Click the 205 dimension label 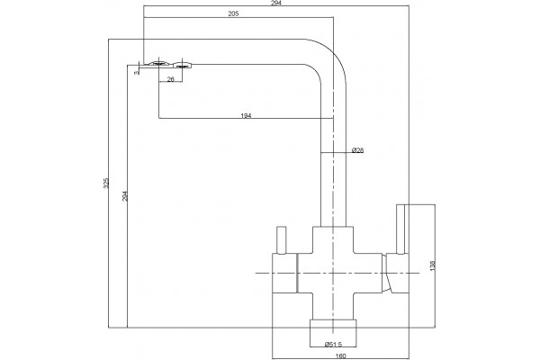[233, 13]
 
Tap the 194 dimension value [246, 116]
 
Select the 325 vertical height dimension [106, 183]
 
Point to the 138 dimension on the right [433, 265]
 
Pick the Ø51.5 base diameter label [333, 344]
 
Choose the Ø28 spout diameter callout [358, 150]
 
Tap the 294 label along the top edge [276, 3]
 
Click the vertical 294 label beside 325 [125, 196]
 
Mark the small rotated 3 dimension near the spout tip [137, 73]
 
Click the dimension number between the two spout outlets [171, 79]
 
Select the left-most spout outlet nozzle [158, 63]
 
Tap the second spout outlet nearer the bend [183, 64]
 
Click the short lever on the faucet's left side [282, 239]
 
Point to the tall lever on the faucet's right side [400, 229]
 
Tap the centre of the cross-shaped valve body [333, 273]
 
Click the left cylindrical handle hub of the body [284, 274]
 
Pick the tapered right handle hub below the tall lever [395, 274]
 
